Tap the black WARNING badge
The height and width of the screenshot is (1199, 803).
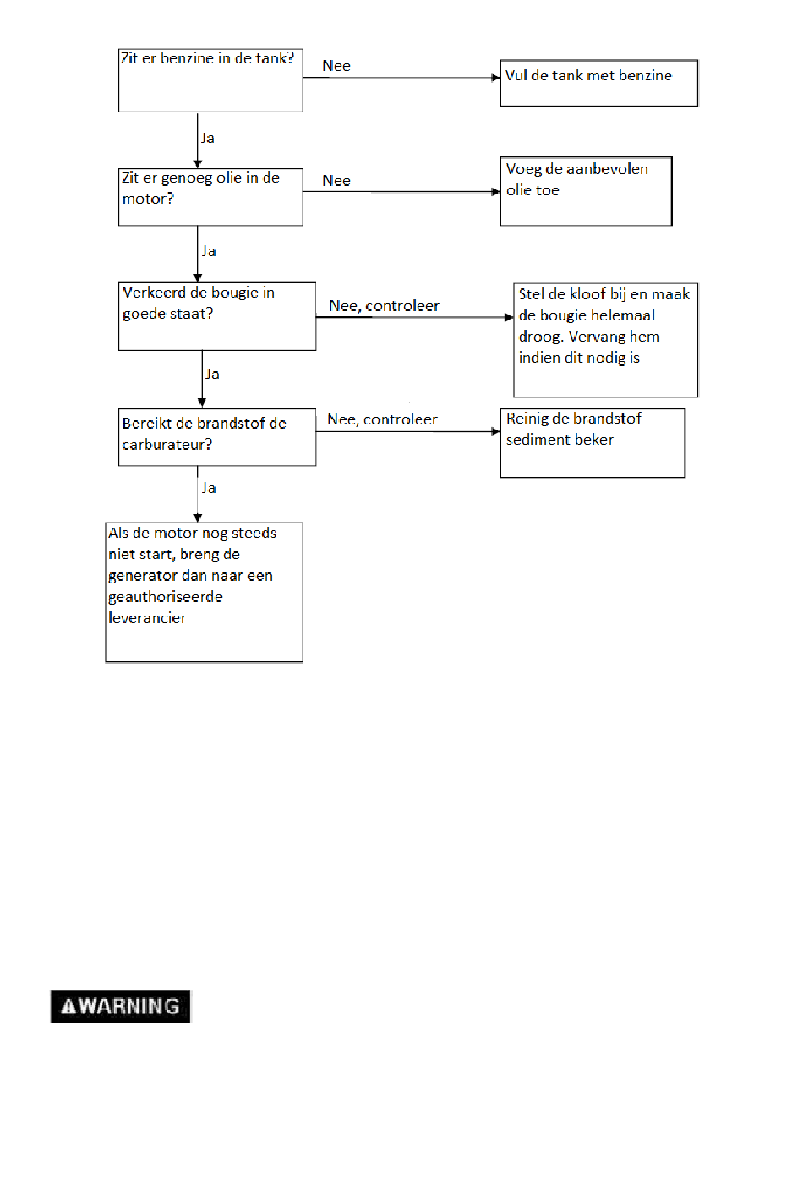tap(120, 1006)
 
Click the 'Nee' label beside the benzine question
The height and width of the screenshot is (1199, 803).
tap(336, 66)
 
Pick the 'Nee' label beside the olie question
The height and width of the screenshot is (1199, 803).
tap(336, 181)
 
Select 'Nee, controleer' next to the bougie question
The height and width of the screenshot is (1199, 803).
tap(384, 306)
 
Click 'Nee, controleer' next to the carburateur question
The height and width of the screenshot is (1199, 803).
tap(382, 419)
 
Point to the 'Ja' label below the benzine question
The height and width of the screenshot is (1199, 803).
tap(208, 138)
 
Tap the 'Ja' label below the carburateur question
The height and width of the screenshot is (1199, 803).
tap(209, 488)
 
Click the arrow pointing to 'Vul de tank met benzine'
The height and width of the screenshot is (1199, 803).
tap(401, 78)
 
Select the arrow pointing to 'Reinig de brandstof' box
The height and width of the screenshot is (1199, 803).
tap(408, 431)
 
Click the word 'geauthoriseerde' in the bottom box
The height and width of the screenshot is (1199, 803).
tap(166, 597)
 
